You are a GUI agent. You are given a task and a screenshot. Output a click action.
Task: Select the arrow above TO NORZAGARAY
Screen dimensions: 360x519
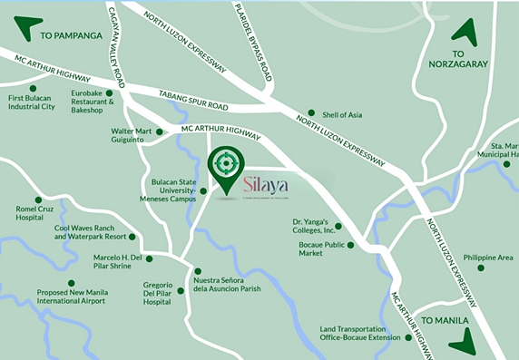pos(465,34)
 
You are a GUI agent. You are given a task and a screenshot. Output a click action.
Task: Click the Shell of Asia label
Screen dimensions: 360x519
pos(342,114)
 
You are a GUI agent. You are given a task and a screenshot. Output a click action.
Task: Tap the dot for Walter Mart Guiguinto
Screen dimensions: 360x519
pos(160,131)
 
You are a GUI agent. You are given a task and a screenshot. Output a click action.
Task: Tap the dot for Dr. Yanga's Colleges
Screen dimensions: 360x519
pos(338,226)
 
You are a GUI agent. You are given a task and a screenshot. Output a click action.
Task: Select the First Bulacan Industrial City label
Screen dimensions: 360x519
pos(31,102)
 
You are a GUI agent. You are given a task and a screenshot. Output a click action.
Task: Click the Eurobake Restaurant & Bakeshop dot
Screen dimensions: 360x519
pos(109,92)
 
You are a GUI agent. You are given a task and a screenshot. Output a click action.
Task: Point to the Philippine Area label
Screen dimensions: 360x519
pos(488,258)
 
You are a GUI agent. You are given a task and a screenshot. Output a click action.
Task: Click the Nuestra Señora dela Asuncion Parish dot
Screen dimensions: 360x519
pos(197,271)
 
